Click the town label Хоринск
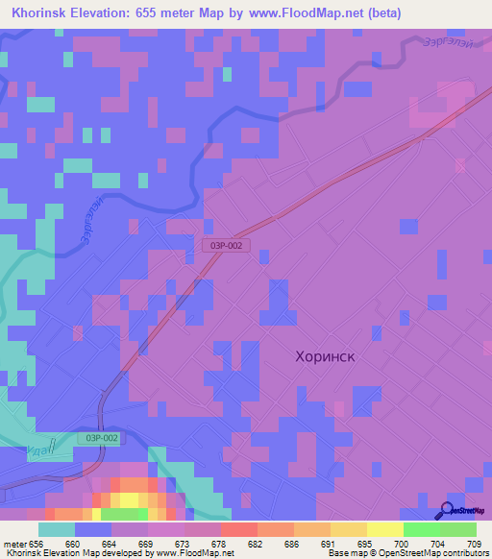tap(324, 356)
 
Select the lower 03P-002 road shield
tap(103, 438)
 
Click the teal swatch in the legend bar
tap(57, 529)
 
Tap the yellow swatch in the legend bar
tap(385, 529)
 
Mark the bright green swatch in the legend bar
tap(422, 529)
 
